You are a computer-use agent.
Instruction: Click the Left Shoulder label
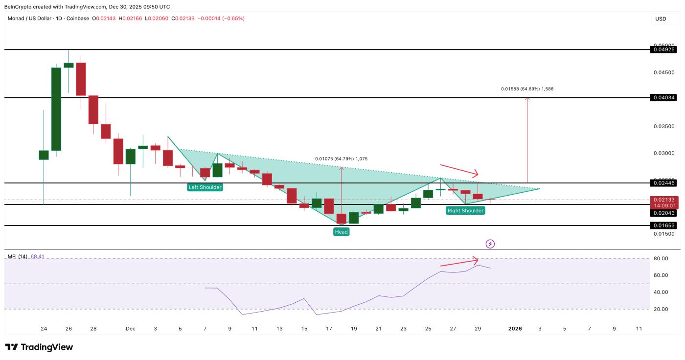205,187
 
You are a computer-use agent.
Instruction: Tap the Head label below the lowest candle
341,232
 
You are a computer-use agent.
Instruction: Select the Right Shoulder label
465,211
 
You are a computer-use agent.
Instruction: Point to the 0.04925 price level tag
663,49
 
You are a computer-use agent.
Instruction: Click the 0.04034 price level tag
663,98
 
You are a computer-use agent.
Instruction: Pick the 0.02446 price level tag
663,183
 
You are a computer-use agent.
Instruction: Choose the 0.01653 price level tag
663,225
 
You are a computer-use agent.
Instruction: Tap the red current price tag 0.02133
663,200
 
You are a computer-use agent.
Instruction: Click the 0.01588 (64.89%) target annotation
527,89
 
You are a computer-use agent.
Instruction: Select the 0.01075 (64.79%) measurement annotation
341,159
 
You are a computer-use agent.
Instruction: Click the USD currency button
661,19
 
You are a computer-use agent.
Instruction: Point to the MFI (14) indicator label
18,257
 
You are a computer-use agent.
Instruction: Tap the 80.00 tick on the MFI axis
660,258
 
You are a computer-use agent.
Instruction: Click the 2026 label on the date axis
515,329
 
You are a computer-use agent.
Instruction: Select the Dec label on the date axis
130,329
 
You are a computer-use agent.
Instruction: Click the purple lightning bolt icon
490,244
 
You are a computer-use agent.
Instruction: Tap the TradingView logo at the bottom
39,347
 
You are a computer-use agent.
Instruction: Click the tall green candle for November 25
56,109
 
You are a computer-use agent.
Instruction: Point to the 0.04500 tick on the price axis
664,72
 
